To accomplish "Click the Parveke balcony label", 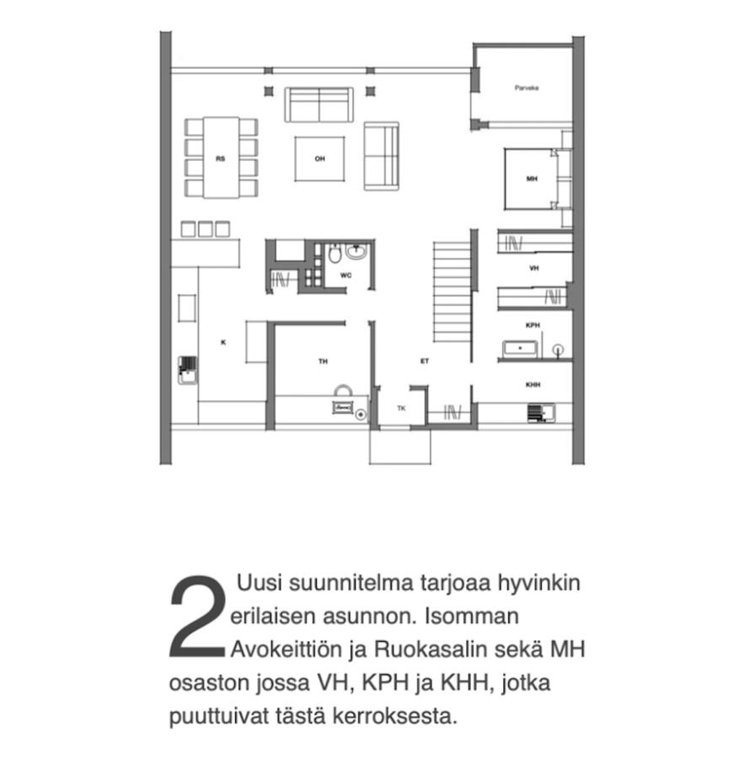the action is coord(526,88).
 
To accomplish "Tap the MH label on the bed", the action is coord(532,179).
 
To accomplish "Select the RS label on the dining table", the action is coord(220,158).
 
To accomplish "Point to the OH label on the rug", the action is coord(320,158).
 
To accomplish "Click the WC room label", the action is coord(346,275).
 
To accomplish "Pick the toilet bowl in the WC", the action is coord(335,253).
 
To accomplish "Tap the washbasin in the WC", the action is coord(356,252).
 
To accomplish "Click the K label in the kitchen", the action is coord(223,342).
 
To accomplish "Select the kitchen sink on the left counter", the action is coord(187,370).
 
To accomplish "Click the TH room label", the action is coord(323,361).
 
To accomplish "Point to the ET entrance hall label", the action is coord(425,361).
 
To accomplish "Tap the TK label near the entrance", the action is coord(401,408).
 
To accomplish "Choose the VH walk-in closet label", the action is coord(533,268).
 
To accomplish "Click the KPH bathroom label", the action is coord(533,325).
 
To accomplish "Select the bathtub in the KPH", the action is coord(520,349).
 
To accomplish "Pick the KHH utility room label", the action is coord(533,385).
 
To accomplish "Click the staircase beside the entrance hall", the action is coord(452,292).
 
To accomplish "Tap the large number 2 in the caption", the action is coord(198,617).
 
